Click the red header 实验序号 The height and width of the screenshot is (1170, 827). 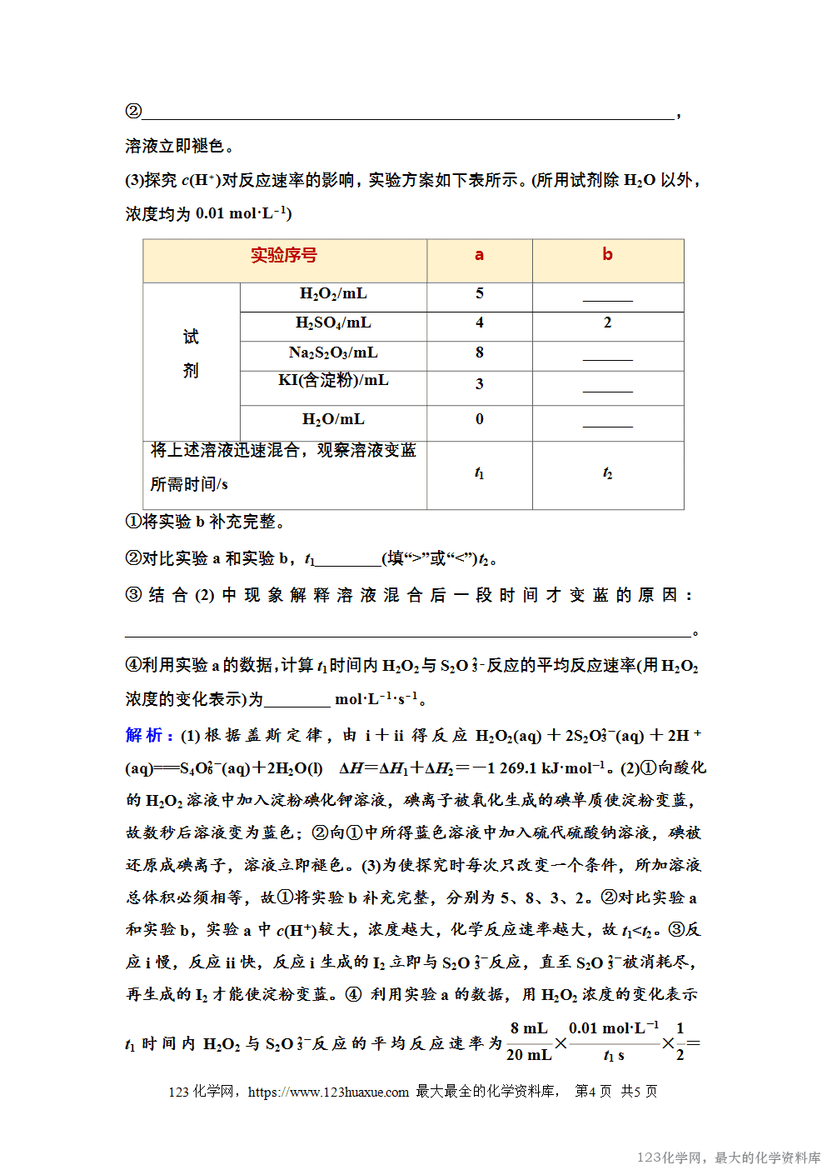284,256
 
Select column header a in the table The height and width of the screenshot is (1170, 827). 479,255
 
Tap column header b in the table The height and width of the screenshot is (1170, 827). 607,255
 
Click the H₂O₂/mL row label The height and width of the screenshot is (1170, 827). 333,294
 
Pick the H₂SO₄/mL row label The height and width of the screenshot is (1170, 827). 333,323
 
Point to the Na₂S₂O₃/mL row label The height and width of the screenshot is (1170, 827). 333,353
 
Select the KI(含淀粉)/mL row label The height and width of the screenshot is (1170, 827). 333,381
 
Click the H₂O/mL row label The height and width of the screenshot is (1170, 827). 333,420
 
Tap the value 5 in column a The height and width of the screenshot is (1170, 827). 480,294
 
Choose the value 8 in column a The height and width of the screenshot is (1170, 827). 480,353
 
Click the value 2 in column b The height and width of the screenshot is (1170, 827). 607,323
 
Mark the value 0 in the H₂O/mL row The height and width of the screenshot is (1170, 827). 480,420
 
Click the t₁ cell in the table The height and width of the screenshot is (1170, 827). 479,473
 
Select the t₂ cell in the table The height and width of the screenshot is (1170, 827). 607,473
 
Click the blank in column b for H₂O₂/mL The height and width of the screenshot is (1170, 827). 607,296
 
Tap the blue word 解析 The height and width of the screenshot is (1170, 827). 143,735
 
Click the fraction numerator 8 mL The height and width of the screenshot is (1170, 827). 529,1029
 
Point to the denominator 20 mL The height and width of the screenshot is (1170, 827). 529,1055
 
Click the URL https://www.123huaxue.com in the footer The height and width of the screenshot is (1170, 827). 328,1092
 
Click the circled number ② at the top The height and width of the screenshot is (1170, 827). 133,111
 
